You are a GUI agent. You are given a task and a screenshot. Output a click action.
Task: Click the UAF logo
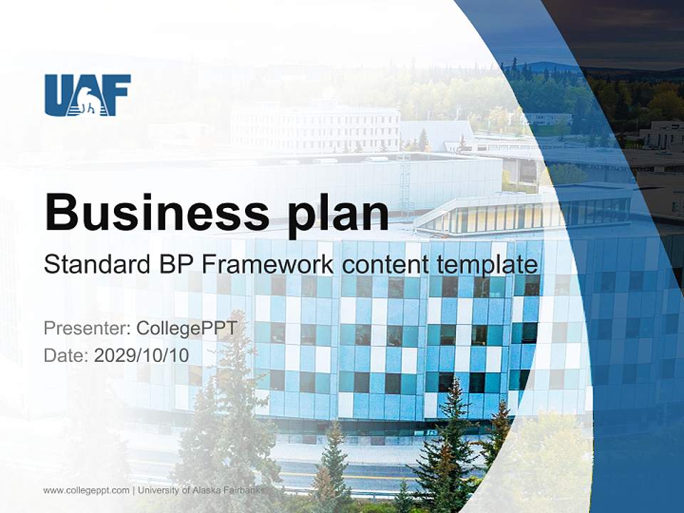coord(88,95)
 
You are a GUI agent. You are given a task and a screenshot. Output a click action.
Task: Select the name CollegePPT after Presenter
coord(186,328)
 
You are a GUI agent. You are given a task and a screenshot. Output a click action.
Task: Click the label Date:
coord(66,355)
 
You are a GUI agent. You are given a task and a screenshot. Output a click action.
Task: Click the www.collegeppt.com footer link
coord(86,490)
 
